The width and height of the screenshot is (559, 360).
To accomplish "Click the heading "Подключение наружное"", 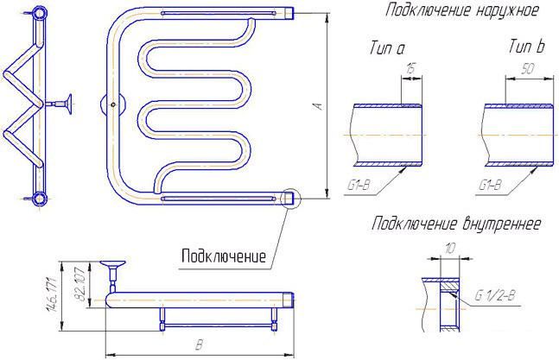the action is click(461, 10).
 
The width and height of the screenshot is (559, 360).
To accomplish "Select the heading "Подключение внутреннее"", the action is click(456, 224).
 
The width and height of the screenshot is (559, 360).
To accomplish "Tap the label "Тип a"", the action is click(388, 48).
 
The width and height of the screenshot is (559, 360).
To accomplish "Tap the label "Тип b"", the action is click(527, 47).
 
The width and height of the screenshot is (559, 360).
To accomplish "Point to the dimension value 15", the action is click(411, 68).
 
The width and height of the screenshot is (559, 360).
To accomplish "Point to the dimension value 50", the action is click(528, 69).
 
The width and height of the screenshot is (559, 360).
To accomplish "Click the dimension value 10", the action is click(451, 248).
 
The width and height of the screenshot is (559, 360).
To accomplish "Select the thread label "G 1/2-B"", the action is click(495, 295).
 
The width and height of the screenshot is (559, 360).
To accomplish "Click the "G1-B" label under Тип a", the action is click(359, 185).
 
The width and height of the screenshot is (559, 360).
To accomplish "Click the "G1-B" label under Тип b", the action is click(490, 185).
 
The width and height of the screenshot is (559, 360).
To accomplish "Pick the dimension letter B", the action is click(200, 344).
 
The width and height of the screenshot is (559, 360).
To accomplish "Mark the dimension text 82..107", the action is click(80, 284).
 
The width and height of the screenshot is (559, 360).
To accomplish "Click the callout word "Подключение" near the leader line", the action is click(224, 256).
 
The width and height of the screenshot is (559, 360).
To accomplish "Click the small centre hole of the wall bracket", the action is click(113, 104).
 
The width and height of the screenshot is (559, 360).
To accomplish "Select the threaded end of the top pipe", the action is click(289, 13).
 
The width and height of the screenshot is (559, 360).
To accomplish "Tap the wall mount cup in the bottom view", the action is click(112, 263).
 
